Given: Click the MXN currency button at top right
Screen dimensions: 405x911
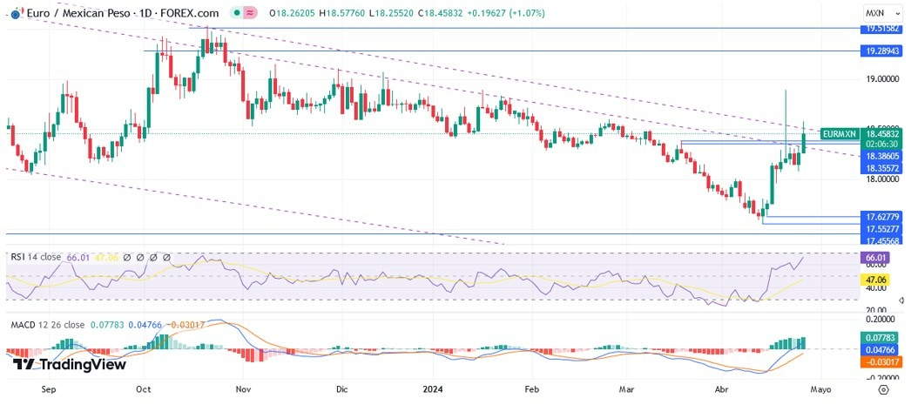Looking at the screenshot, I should pyautogui.click(x=876, y=13).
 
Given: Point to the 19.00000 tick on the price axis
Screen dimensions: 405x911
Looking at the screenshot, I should pyautogui.click(x=881, y=79).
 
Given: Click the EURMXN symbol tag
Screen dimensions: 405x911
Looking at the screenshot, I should pyautogui.click(x=840, y=134).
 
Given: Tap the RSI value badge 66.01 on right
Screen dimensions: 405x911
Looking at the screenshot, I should pyautogui.click(x=874, y=259).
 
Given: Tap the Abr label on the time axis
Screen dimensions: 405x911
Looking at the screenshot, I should pyautogui.click(x=721, y=390).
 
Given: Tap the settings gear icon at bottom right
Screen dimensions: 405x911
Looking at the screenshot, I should pyautogui.click(x=883, y=390).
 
